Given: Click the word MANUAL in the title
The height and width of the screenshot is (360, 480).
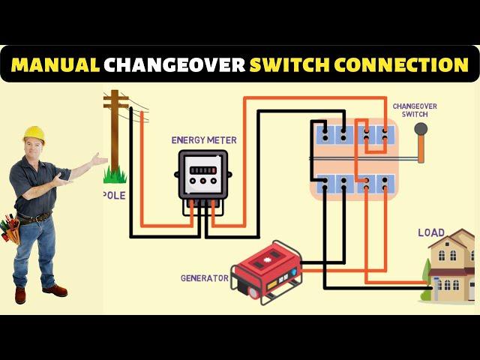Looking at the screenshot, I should click(55, 64).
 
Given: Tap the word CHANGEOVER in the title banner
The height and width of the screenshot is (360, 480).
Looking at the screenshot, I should click(174, 64).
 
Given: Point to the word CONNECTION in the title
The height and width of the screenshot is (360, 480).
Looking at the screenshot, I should click(403, 64).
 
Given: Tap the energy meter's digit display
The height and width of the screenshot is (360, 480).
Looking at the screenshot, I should click(203, 170).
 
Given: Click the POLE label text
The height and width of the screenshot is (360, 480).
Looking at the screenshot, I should click(114, 195).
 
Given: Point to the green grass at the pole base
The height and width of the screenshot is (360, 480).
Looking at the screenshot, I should click(115, 175).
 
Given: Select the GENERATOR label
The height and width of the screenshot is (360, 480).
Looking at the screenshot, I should click(204, 278).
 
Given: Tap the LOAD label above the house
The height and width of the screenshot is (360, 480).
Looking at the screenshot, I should click(431, 233).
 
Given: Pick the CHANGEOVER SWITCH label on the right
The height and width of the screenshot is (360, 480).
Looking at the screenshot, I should click(415, 110).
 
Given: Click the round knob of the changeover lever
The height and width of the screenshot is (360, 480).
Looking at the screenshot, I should click(421, 128).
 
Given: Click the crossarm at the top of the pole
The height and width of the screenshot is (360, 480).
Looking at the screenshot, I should click(115, 98).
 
